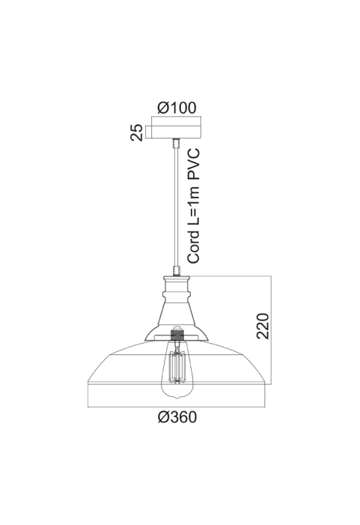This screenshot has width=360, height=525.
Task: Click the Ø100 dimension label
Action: (x=177, y=108)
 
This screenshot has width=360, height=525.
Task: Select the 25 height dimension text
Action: (x=137, y=133)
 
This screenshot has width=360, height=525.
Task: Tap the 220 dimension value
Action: (x=262, y=326)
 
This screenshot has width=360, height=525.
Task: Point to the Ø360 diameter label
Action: (x=177, y=417)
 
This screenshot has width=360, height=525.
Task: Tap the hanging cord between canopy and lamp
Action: (x=177, y=206)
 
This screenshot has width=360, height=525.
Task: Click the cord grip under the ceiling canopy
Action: (x=177, y=142)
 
